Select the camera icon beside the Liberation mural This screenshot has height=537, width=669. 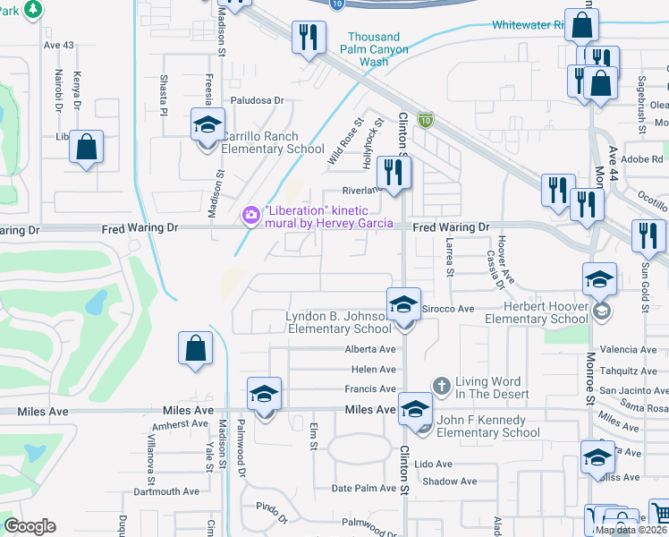pos(250,215)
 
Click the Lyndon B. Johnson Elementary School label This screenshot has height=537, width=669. pos(339,322)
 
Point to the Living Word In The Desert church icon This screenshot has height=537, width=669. pos(441,384)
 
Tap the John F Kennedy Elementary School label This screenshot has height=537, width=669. pos(488,426)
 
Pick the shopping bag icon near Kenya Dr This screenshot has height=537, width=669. pos(87,146)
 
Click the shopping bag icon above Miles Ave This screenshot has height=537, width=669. pos(195,349)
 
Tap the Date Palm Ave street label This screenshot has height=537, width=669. pos(361,488)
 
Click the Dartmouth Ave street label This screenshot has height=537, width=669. pos(166,491)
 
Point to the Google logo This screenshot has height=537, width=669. pos(30,526)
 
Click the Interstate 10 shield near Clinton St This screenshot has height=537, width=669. pos(427,119)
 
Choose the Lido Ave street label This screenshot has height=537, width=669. pos(433,465)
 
